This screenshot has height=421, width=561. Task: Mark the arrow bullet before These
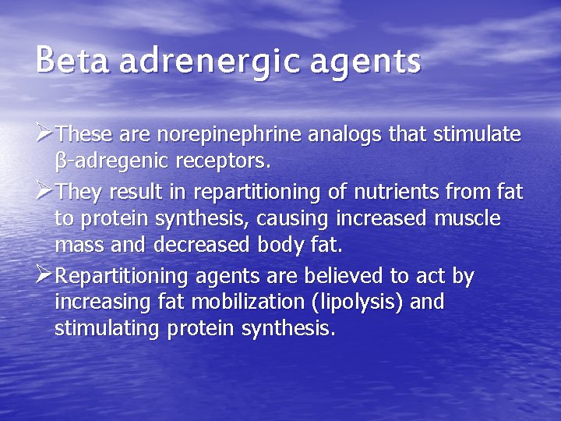[x=45, y=134]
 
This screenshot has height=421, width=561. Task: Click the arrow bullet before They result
[x=45, y=191]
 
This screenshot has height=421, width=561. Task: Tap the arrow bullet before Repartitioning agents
[x=45, y=275]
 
